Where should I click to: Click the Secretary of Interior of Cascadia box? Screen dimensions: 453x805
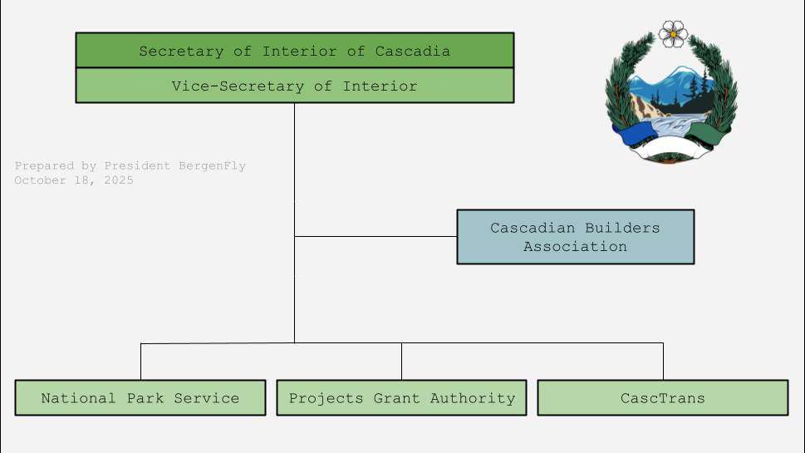pyautogui.click(x=294, y=51)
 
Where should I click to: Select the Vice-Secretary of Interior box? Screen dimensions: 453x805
pyautogui.click(x=294, y=86)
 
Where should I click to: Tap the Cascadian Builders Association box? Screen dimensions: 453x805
pyautogui.click(x=575, y=237)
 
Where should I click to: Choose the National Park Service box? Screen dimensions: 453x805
pyautogui.click(x=140, y=398)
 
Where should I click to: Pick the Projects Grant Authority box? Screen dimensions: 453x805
pyautogui.click(x=401, y=398)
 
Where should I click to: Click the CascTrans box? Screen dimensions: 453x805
pyautogui.click(x=662, y=398)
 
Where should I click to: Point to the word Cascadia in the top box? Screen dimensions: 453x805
pyautogui.click(x=412, y=51)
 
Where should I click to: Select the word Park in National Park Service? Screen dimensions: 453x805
pyautogui.click(x=146, y=398)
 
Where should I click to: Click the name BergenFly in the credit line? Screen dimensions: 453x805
pyautogui.click(x=212, y=166)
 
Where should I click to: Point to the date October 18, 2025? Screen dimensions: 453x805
pyautogui.click(x=74, y=180)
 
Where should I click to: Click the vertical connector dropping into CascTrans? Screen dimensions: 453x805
pyautogui.click(x=663, y=362)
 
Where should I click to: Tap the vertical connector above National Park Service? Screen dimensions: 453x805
pyautogui.click(x=140, y=362)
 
